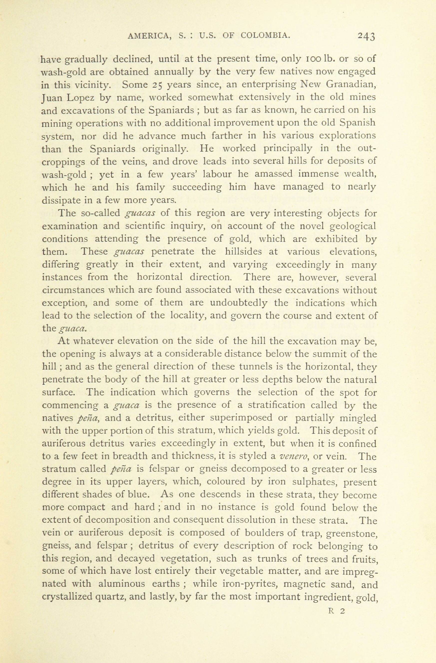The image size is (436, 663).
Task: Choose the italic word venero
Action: coord(293,457)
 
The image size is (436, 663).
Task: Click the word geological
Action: coord(353,226)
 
